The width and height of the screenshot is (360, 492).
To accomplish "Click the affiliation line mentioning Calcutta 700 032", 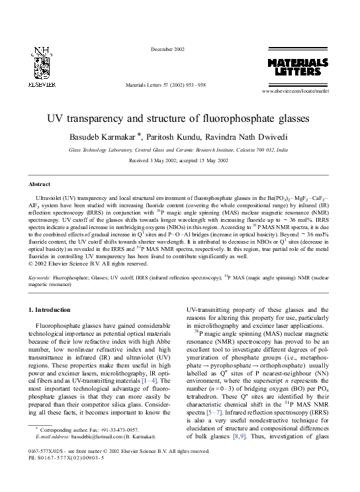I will click(179, 150).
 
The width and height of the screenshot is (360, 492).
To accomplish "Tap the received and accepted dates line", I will click(179, 161).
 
